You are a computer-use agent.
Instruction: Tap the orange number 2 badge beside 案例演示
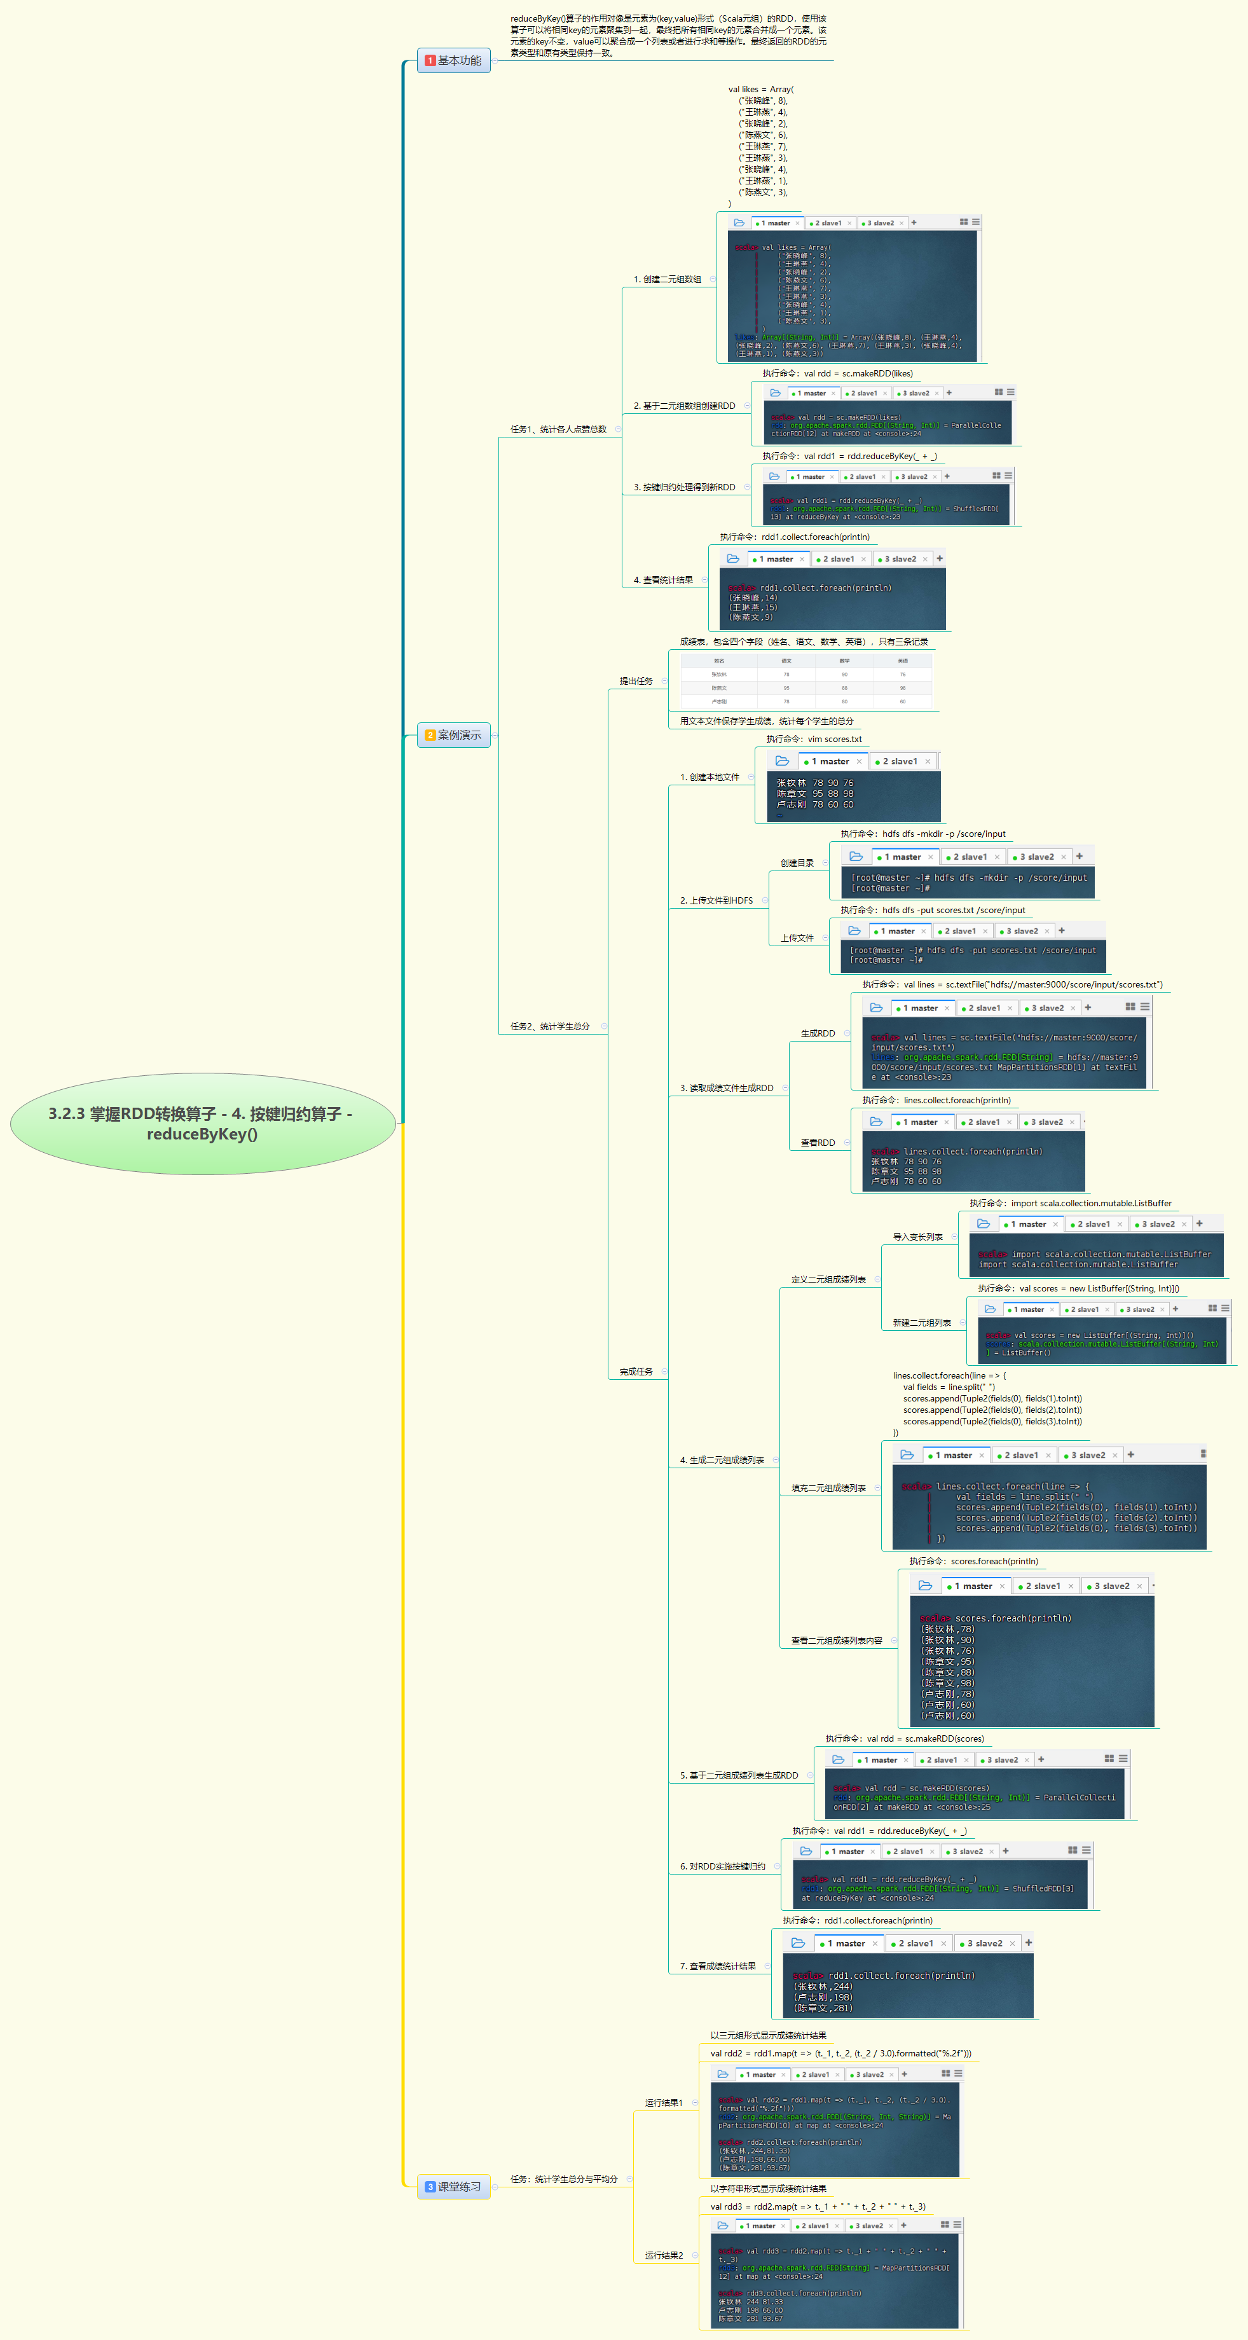tap(430, 735)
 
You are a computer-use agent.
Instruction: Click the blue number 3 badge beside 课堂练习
tap(430, 2187)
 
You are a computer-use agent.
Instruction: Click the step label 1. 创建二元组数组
tap(667, 280)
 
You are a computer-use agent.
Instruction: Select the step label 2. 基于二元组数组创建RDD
tap(684, 406)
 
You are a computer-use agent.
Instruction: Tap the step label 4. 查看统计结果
tap(662, 579)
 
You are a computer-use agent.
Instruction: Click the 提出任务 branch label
tap(636, 681)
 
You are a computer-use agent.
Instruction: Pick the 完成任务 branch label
tap(636, 1372)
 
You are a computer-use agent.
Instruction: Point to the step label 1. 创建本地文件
tap(710, 778)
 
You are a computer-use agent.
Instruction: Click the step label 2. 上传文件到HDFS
tap(716, 901)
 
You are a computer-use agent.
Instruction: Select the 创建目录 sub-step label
tap(797, 863)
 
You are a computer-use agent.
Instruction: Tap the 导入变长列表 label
tap(917, 1237)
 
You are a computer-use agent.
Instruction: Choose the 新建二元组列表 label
tap(921, 1323)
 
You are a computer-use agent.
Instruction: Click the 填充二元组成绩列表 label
tap(828, 1488)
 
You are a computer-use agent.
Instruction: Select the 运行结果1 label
tap(663, 2103)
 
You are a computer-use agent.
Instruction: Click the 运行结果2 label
tap(663, 2255)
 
